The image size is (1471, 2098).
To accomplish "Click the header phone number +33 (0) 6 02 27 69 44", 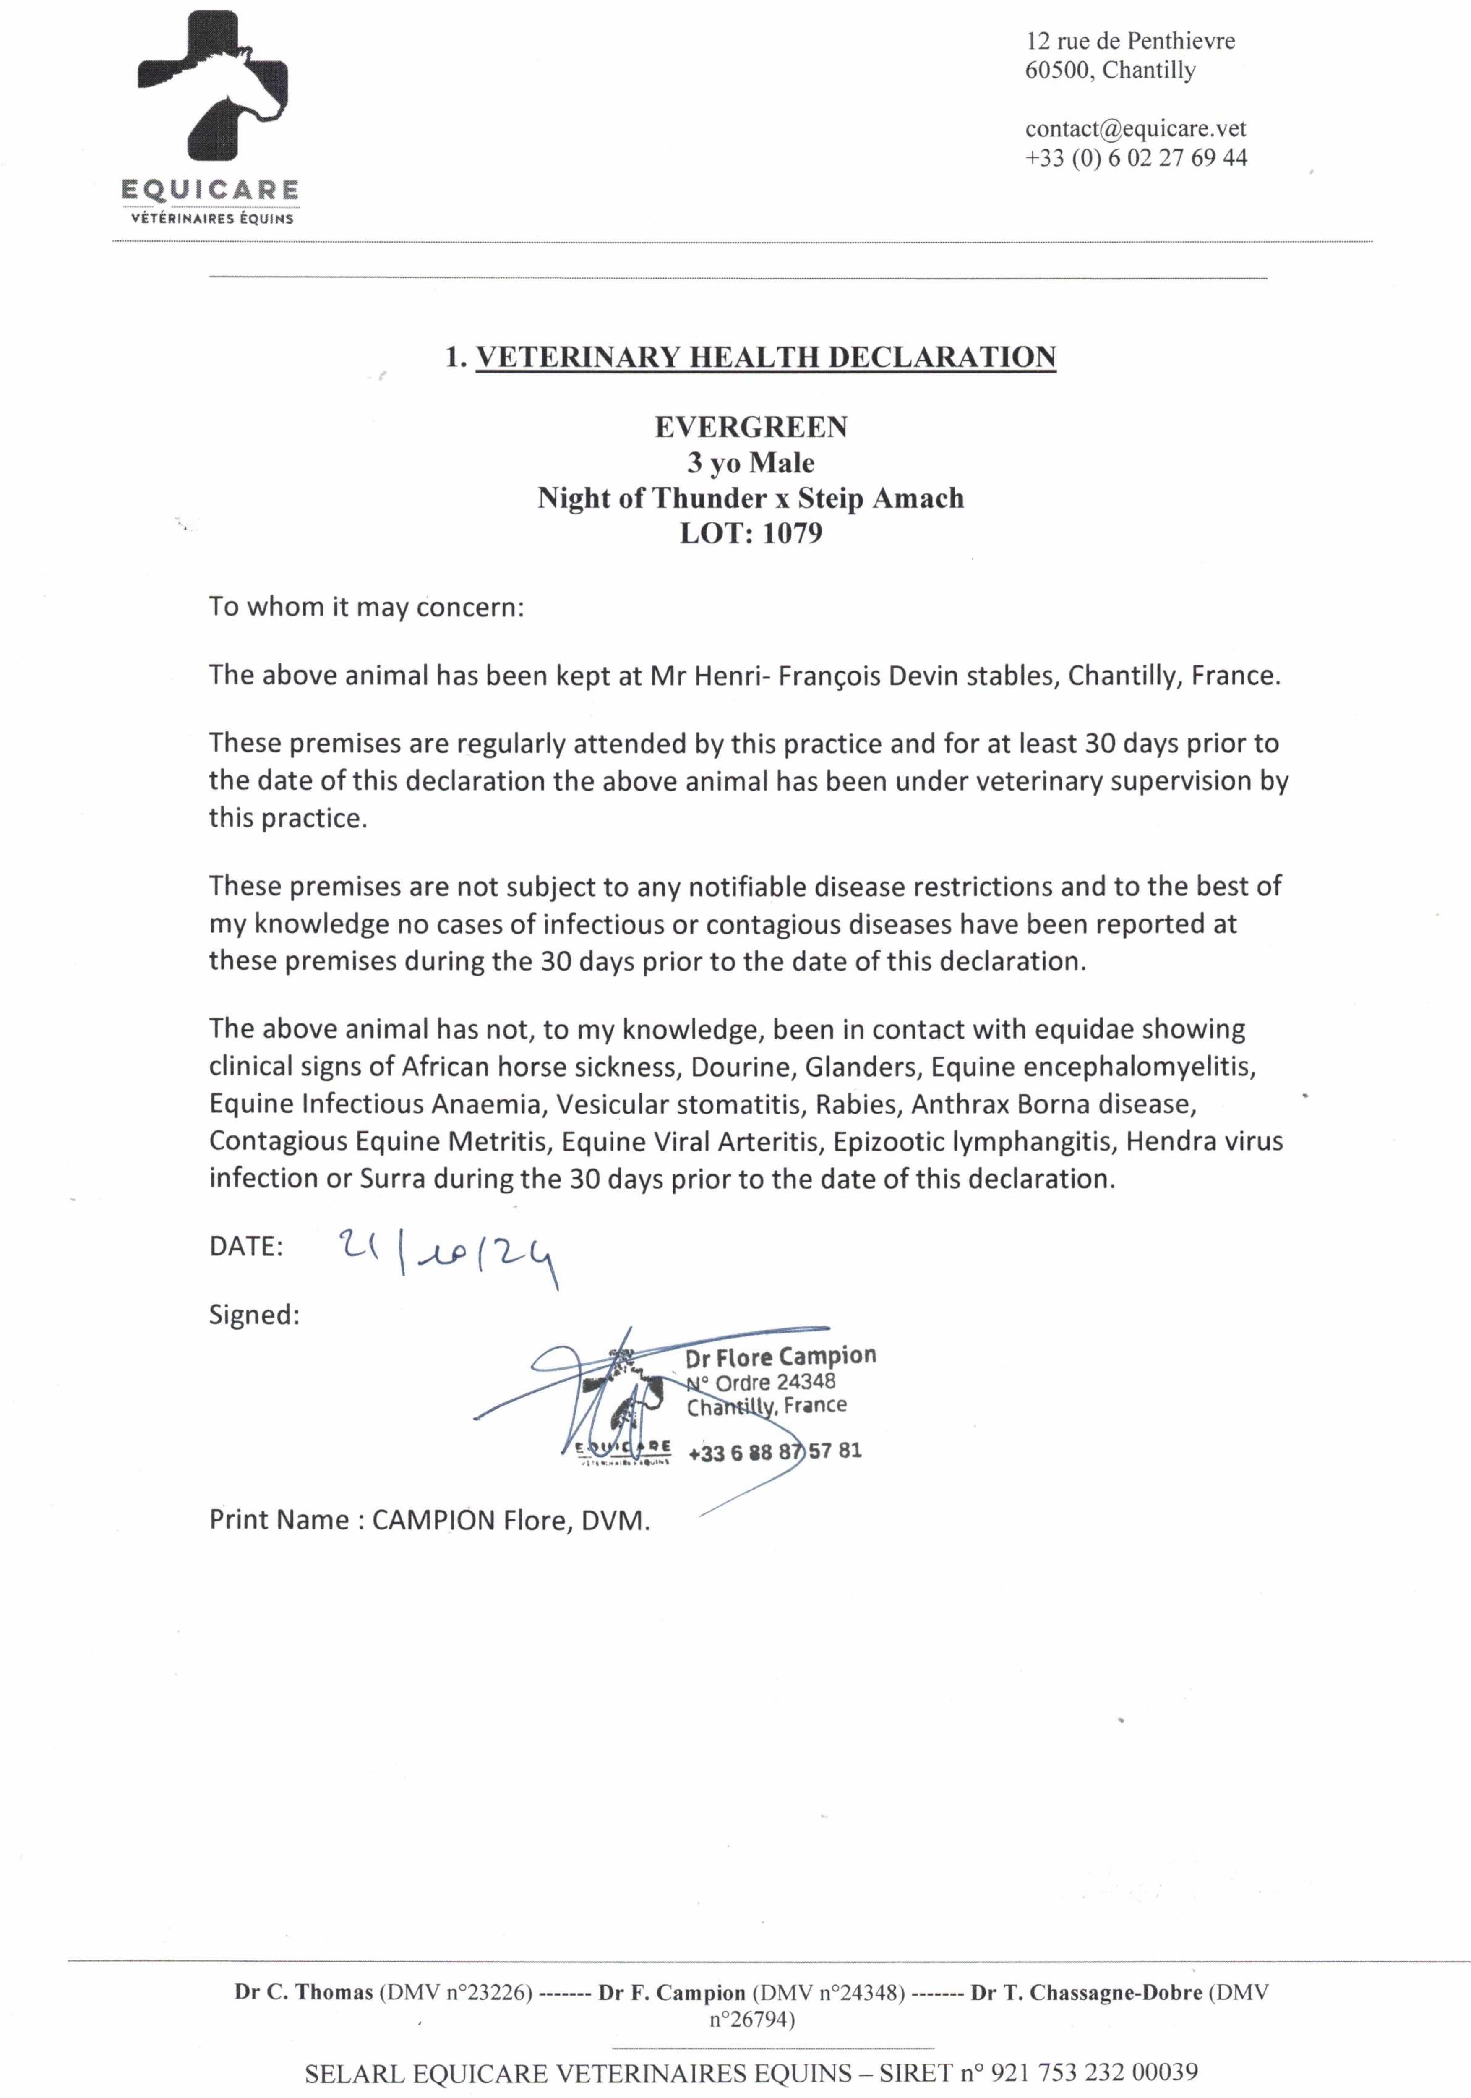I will click(1136, 158).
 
